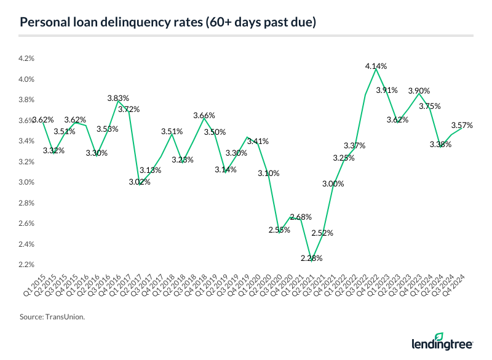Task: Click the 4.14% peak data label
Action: [x=376, y=66]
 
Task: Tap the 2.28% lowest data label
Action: [x=312, y=258]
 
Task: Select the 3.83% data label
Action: [x=117, y=98]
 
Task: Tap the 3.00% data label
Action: [x=333, y=184]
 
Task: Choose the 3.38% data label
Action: [x=440, y=145]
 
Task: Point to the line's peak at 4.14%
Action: [x=376, y=69]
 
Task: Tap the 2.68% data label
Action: [x=301, y=217]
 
